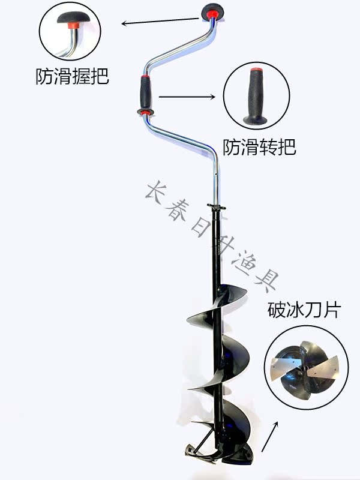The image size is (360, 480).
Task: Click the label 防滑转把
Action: point(259,147)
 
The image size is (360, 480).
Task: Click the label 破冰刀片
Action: point(304,311)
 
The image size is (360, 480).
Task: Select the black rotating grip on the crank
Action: point(145,95)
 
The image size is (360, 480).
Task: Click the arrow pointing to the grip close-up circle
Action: point(187,95)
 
